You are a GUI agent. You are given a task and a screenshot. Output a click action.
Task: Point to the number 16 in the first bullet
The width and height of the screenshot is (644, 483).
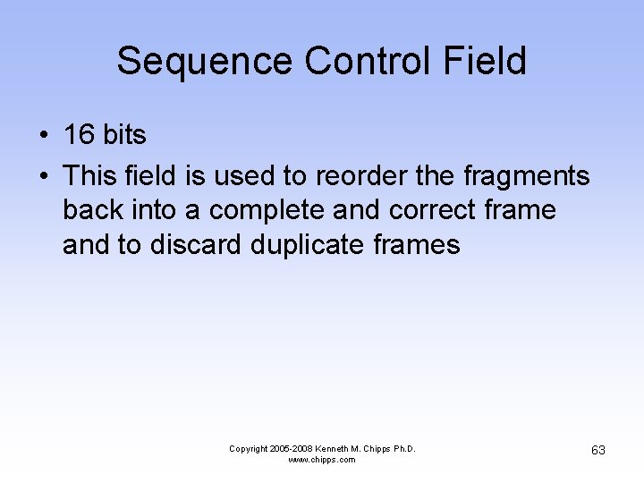[x=78, y=135]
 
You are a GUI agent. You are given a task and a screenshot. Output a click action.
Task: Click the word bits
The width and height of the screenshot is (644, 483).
[x=124, y=135]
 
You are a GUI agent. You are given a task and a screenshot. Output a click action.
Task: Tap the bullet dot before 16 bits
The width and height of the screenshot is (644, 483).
[x=43, y=136]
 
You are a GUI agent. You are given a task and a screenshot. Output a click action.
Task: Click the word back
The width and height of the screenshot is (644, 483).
[x=91, y=210]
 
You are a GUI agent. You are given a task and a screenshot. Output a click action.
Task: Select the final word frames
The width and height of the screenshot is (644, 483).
[x=419, y=244]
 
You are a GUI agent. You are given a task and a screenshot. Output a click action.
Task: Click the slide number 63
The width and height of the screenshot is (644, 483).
[x=598, y=450]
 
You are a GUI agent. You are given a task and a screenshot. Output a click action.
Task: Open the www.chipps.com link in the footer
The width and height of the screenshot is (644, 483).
[x=322, y=460]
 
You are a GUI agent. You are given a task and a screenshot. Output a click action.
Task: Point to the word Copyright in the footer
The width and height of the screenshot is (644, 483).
[x=249, y=448]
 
